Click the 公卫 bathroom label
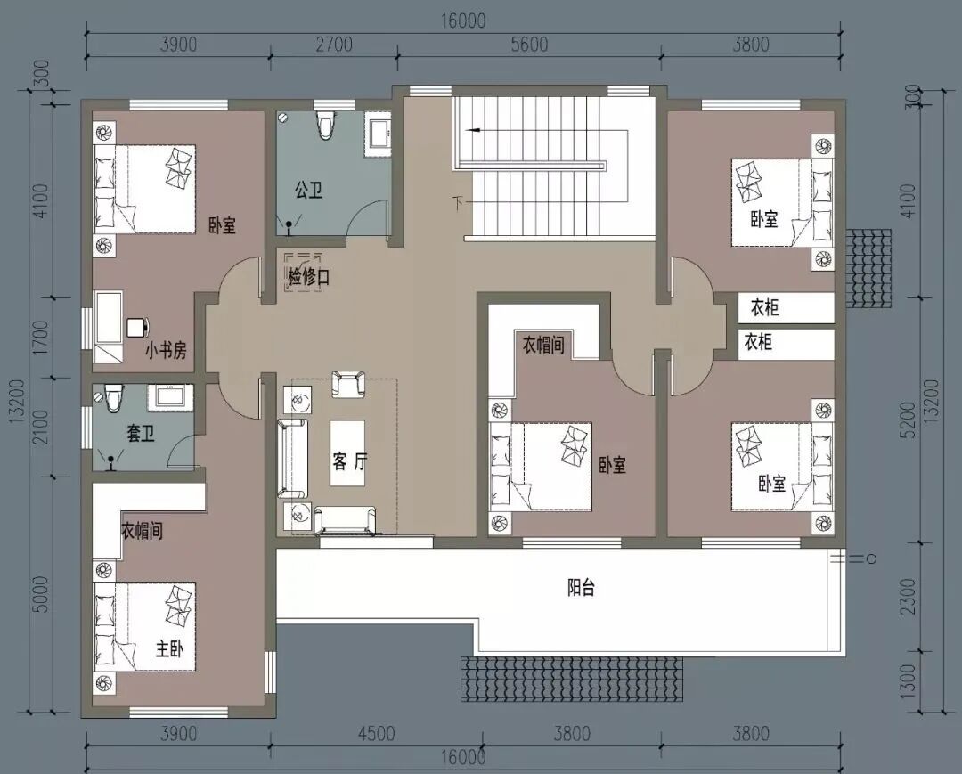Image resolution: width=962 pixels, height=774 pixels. (308, 190)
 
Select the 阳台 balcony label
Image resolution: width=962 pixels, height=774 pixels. (581, 588)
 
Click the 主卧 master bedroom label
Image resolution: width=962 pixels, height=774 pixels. (169, 648)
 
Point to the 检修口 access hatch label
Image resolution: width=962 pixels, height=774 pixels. (308, 277)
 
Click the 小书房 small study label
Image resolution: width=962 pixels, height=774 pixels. (166, 351)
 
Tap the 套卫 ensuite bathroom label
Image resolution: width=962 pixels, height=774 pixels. (141, 434)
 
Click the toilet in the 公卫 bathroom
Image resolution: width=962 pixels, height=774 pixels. (325, 125)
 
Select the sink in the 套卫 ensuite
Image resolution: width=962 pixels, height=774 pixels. (171, 396)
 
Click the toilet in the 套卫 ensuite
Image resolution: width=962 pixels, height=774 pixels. (113, 399)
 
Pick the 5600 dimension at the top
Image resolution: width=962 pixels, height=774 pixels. (529, 45)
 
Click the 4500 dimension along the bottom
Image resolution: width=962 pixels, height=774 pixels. (376, 734)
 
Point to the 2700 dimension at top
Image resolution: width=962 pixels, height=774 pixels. (334, 45)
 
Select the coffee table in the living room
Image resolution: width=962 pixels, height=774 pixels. (348, 453)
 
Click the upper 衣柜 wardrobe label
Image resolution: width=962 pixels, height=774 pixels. (764, 307)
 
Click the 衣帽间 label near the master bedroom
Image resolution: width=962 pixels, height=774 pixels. (142, 531)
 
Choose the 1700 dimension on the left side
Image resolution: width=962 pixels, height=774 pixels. (42, 338)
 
